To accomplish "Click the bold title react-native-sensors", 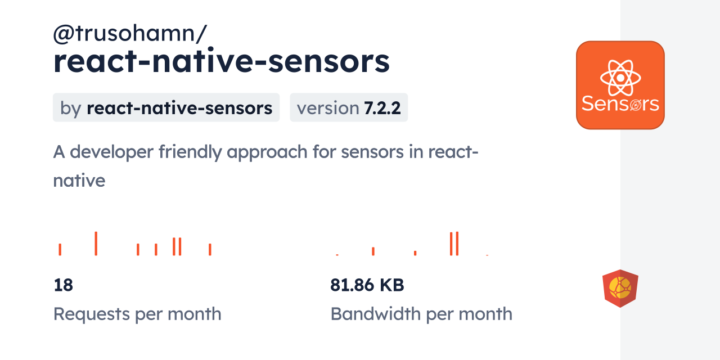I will [221, 62].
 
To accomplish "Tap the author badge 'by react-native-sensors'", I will [166, 107].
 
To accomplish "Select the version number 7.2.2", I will [382, 107].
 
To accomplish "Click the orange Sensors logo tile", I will [620, 85].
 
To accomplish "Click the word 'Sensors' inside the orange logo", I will [620, 104].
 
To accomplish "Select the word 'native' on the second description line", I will [79, 180].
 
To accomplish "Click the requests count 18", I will [63, 285].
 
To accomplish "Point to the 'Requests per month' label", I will [137, 314].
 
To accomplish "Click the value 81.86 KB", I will [367, 285].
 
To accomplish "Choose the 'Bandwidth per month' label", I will [421, 314].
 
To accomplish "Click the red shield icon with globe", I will [620, 289].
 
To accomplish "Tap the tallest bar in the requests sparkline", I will [96, 244].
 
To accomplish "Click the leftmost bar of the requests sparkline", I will [60, 249].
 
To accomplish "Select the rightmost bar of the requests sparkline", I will [210, 249].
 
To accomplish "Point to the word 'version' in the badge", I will [327, 107].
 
